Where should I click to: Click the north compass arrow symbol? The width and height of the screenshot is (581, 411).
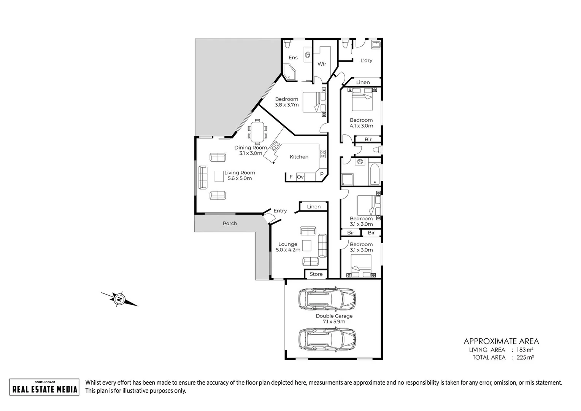click(119, 299)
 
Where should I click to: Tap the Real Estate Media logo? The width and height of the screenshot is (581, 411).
click(44, 387)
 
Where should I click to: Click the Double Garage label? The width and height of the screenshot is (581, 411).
click(334, 316)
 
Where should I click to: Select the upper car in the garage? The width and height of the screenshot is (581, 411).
click(327, 298)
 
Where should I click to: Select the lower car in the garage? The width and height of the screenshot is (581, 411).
click(327, 339)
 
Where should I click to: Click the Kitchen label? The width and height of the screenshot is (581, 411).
click(299, 157)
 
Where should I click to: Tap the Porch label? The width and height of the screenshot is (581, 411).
click(230, 223)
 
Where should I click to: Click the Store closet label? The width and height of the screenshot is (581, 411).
click(316, 274)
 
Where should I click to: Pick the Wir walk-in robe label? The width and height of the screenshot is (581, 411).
click(322, 64)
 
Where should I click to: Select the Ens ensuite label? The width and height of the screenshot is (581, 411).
click(293, 57)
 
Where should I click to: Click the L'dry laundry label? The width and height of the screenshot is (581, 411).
click(366, 61)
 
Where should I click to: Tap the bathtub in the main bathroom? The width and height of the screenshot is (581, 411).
click(374, 174)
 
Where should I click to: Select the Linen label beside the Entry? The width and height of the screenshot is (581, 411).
click(314, 207)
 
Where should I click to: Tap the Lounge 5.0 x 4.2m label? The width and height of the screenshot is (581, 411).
click(288, 247)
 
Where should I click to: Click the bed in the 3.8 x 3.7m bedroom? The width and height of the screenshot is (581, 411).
click(313, 102)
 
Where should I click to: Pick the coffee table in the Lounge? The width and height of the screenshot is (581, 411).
click(307, 245)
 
